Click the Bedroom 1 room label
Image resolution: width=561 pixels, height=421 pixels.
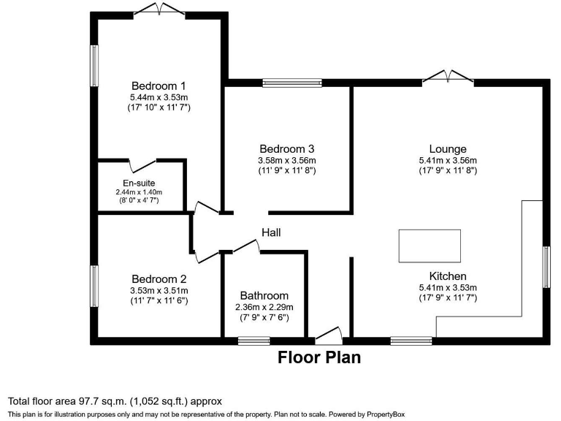pyautogui.click(x=159, y=84)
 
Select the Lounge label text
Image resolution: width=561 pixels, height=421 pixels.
pyautogui.click(x=447, y=149)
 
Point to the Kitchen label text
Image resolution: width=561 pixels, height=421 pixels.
pyautogui.click(x=447, y=276)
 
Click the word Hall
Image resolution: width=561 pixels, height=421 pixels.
pyautogui.click(x=271, y=232)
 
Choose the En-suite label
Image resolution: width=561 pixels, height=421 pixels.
pyautogui.click(x=138, y=183)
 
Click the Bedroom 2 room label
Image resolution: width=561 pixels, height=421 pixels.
pyautogui.click(x=159, y=278)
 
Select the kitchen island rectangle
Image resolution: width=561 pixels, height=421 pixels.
pyautogui.click(x=430, y=246)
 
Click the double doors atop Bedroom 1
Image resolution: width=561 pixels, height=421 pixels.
pyautogui.click(x=159, y=10)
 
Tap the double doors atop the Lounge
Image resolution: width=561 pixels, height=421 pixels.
pyautogui.click(x=448, y=75)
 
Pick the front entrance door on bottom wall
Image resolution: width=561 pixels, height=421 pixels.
pyautogui.click(x=329, y=335)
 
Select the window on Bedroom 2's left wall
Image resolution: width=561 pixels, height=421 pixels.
pyautogui.click(x=94, y=286)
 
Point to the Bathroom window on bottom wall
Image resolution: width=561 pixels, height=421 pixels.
pyautogui.click(x=253, y=340)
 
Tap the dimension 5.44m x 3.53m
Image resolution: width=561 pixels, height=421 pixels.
pyautogui.click(x=159, y=96)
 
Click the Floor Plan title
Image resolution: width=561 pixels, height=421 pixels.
pyautogui.click(x=319, y=358)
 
